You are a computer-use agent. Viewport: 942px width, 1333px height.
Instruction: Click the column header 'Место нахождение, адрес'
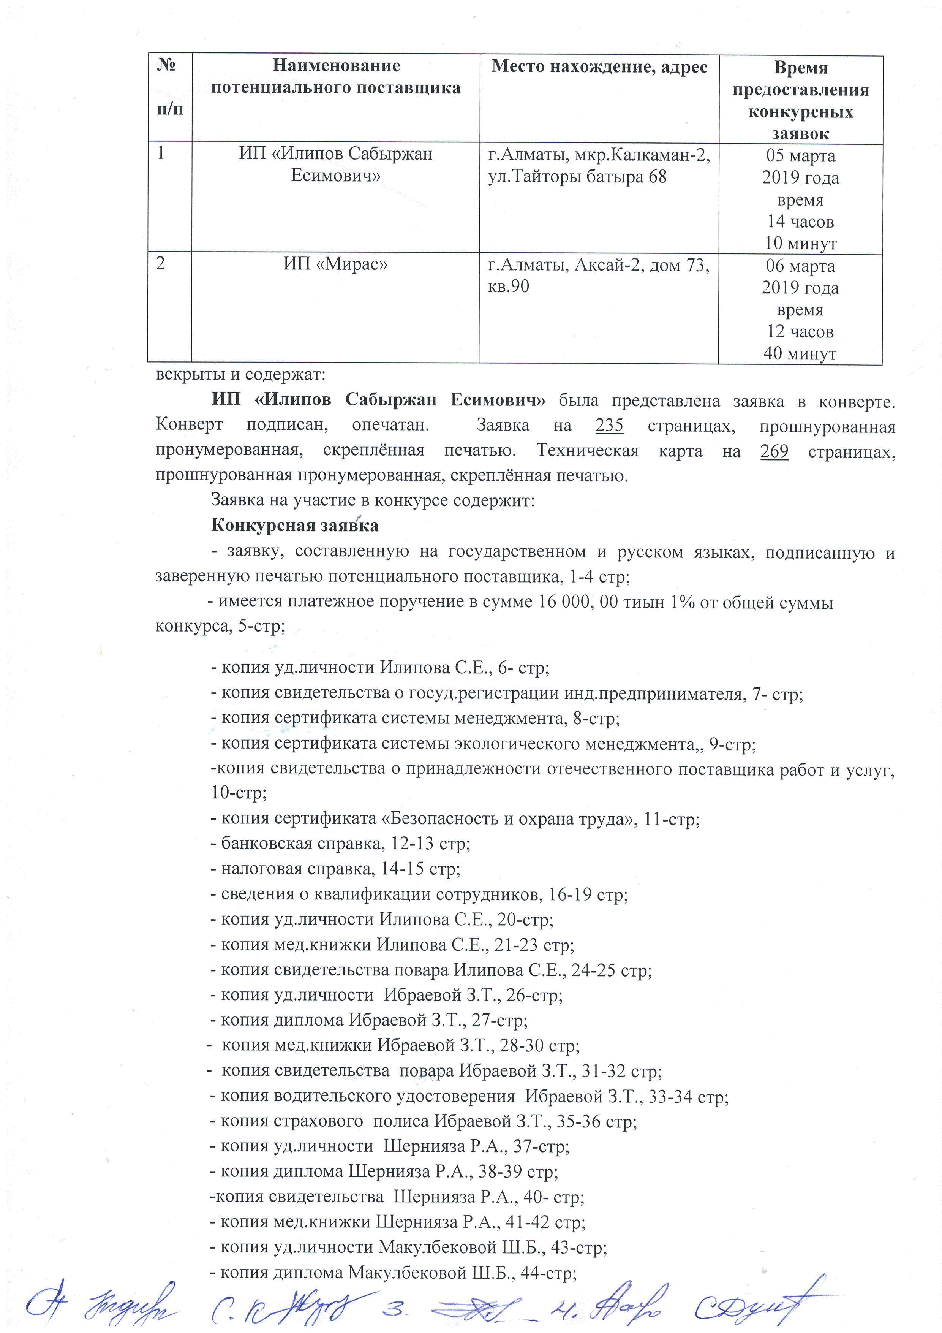(x=599, y=67)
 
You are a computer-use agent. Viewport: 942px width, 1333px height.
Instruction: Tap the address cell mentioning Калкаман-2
(x=599, y=166)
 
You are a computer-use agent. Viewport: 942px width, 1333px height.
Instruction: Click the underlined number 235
(x=609, y=426)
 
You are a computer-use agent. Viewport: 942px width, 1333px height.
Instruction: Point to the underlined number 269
(x=774, y=451)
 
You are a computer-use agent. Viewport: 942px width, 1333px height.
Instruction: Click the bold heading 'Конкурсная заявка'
(x=294, y=526)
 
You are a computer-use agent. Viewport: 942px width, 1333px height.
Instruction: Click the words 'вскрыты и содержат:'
(x=240, y=374)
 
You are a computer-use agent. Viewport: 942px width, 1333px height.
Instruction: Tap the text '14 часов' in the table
(x=800, y=221)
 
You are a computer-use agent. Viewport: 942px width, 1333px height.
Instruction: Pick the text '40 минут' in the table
(x=800, y=353)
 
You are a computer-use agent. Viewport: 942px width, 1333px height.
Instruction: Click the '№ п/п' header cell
(x=169, y=87)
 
